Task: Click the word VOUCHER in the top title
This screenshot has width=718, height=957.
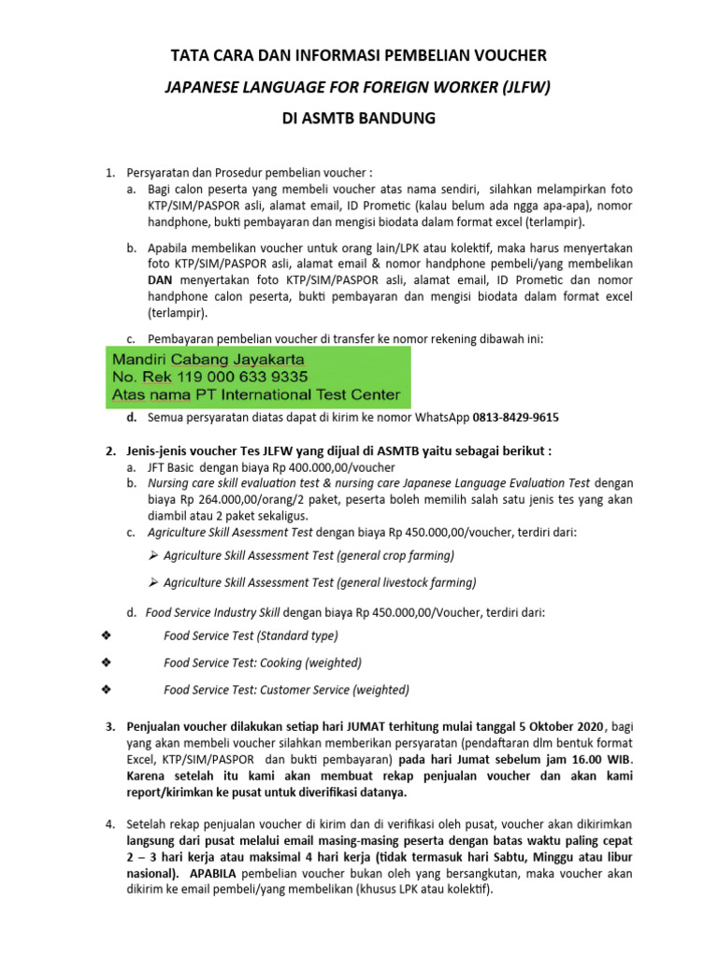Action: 510,56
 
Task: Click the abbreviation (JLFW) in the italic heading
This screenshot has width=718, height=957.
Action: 524,88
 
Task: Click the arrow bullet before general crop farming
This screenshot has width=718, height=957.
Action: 153,555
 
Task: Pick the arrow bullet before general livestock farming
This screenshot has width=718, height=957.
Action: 153,582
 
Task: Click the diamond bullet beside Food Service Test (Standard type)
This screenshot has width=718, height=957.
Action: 105,636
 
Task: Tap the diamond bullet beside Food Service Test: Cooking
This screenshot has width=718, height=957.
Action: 105,663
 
